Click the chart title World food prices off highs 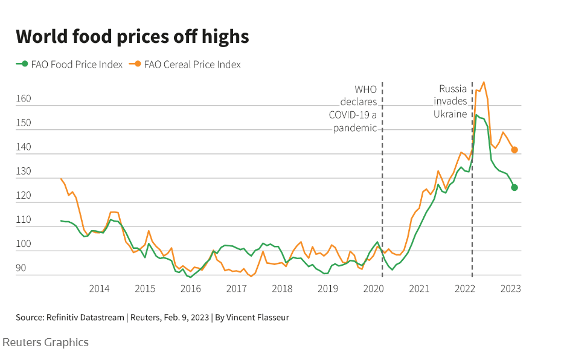click(x=132, y=36)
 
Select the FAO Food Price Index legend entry click(x=70, y=64)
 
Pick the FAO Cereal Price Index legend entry click(x=187, y=64)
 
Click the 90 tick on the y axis click(x=21, y=268)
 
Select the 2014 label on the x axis click(x=99, y=289)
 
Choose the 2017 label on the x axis click(x=236, y=289)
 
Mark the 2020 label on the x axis click(x=373, y=289)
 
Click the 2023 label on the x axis click(x=510, y=289)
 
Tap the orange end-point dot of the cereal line click(x=514, y=150)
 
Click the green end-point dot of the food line click(x=514, y=187)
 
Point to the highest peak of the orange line click(x=484, y=82)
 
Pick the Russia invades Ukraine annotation click(x=450, y=101)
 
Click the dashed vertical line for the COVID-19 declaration click(x=383, y=181)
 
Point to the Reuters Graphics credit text click(x=46, y=342)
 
